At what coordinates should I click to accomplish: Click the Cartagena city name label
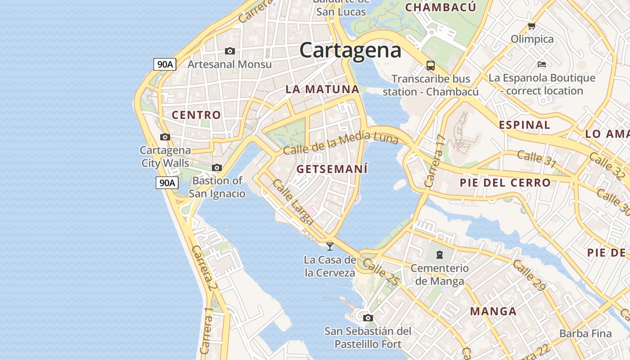coord(350,50)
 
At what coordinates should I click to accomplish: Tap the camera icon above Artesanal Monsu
coord(230,51)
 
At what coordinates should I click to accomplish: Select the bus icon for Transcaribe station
coord(431,66)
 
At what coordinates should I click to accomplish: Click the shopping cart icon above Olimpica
coord(532,26)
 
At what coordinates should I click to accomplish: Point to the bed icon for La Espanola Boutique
coord(542,64)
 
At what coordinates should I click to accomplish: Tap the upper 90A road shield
coord(165,64)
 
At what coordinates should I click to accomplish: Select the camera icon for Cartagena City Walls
coord(165,137)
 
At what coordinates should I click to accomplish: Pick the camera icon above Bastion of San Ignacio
coord(217,167)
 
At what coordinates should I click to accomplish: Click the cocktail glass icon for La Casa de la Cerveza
coord(330,246)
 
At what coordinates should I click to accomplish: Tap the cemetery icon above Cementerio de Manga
coord(439,255)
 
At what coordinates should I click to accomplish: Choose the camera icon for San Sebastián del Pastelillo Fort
coord(368,318)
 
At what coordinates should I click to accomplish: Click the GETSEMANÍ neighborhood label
coord(332,169)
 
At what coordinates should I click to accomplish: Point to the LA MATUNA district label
coord(323,89)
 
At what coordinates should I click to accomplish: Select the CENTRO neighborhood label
coord(196,115)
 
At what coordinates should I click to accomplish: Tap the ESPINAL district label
coord(524,125)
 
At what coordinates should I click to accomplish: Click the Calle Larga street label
coord(293,202)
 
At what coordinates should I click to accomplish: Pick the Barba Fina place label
coord(585,333)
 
